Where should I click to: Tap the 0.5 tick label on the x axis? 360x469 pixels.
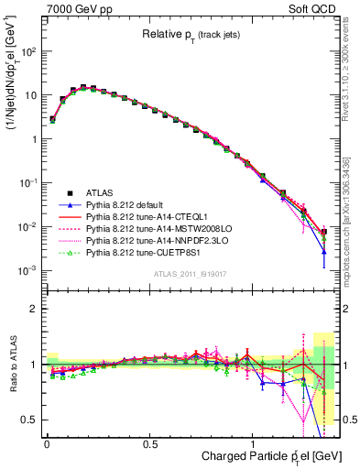click(x=149, y=443)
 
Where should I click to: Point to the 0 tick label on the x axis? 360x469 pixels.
click(x=47, y=443)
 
